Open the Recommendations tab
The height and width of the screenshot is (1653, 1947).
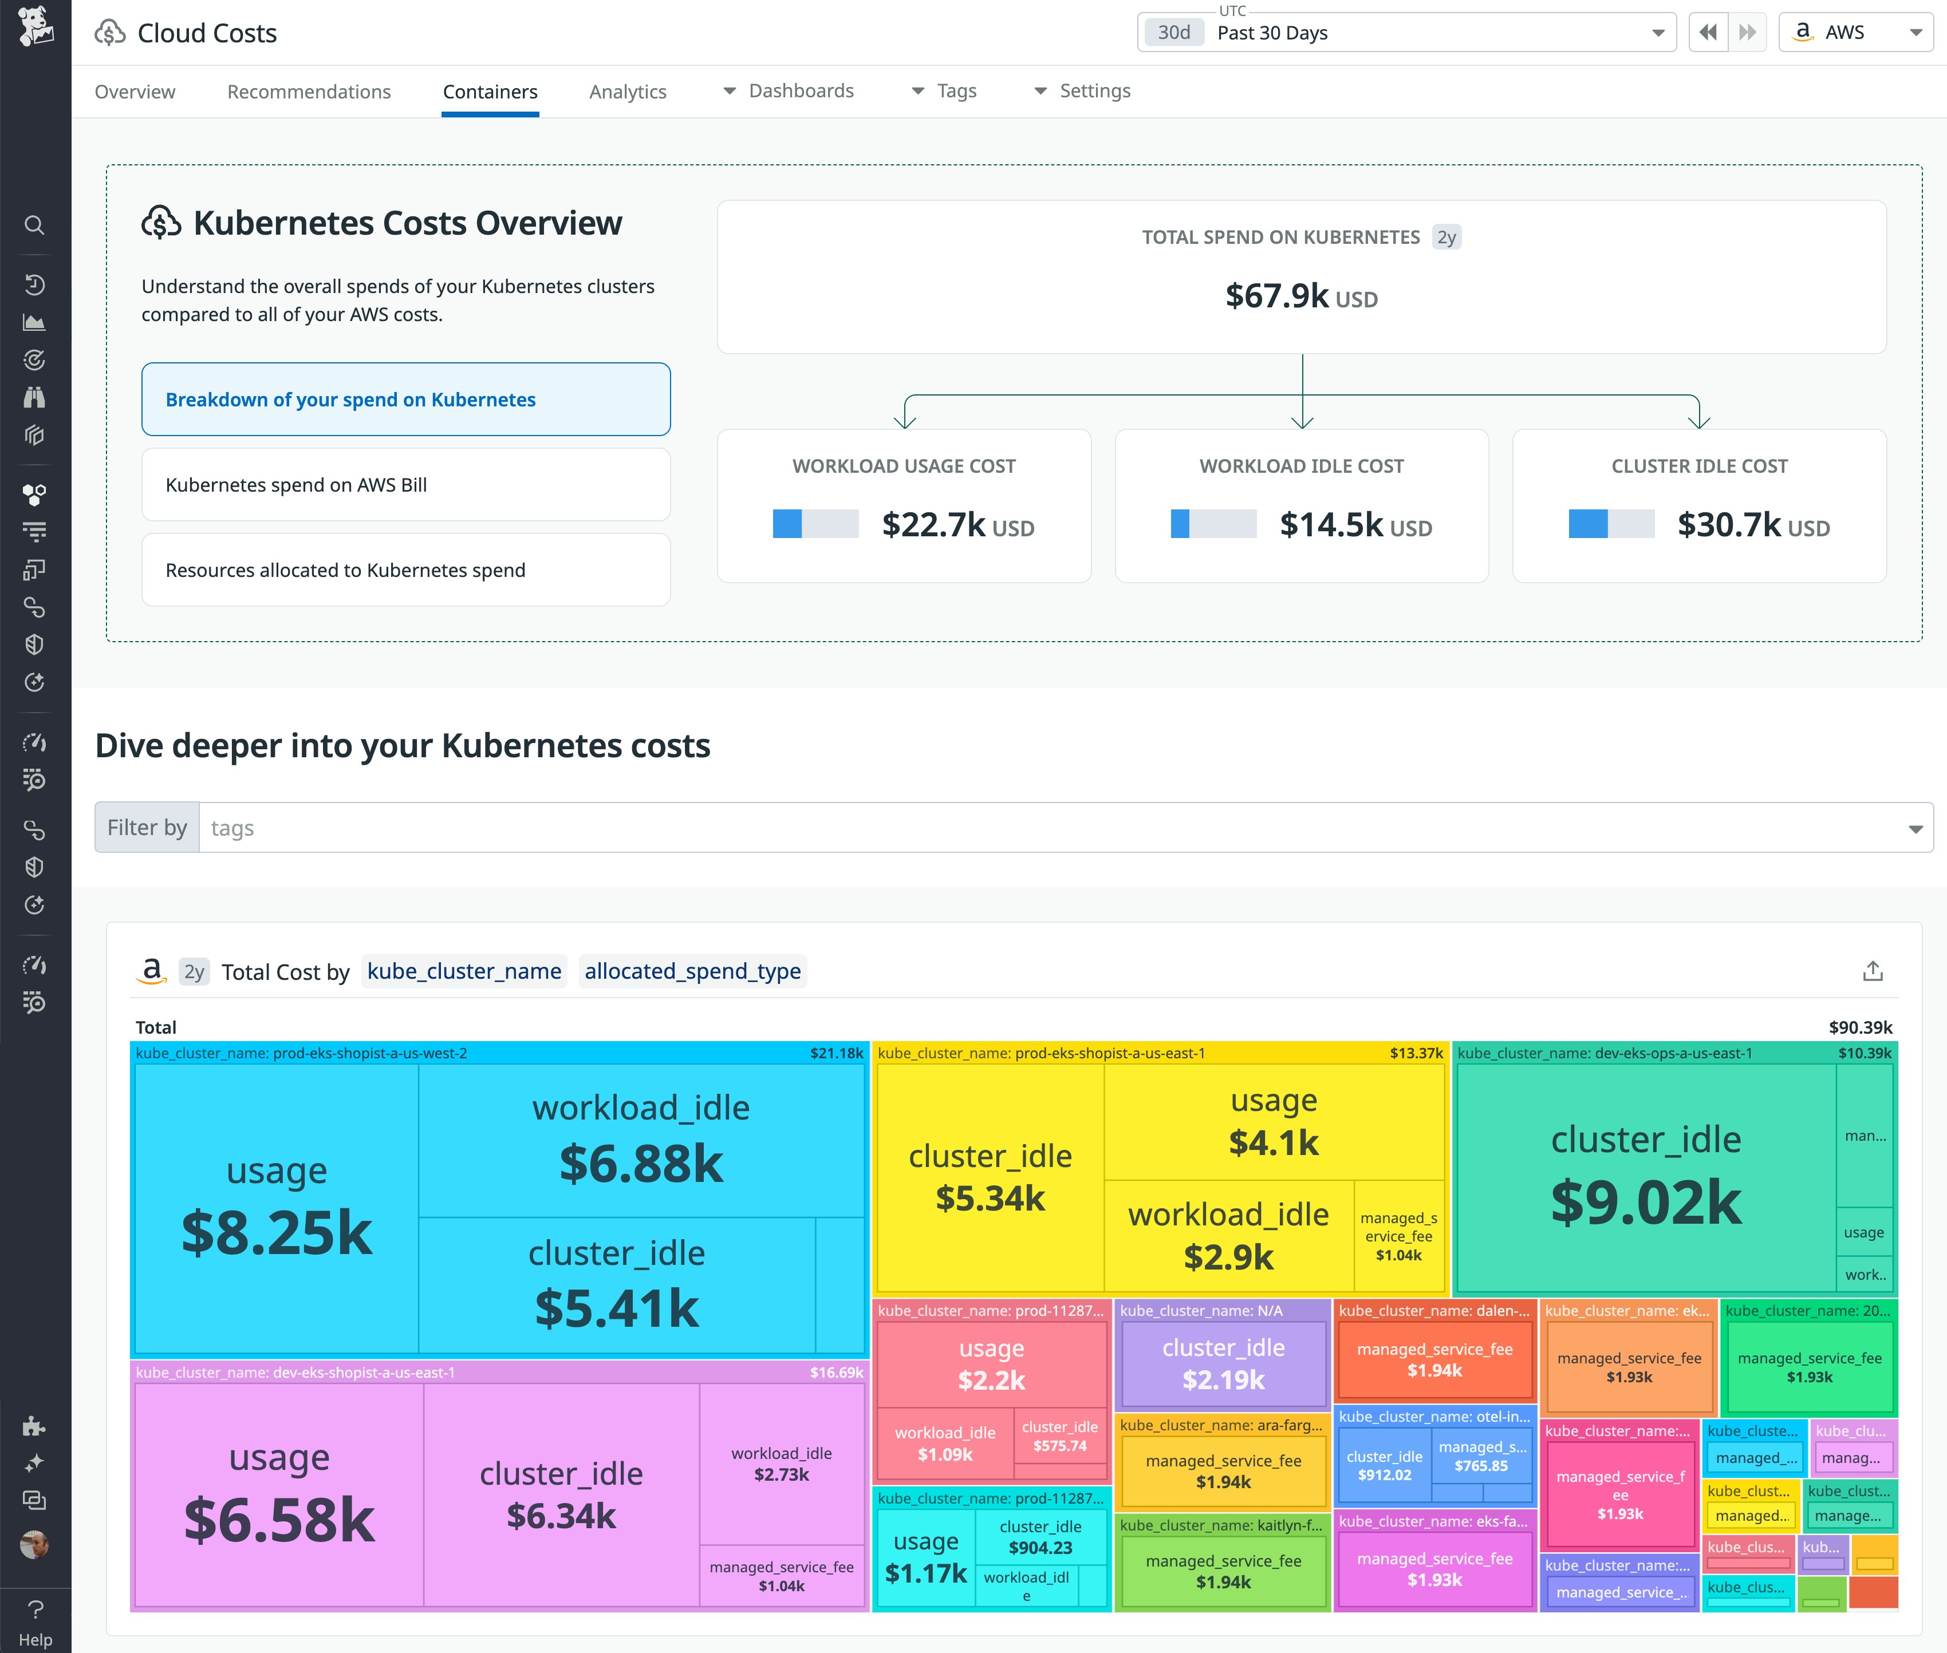click(x=309, y=92)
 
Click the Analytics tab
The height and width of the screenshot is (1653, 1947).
click(x=627, y=92)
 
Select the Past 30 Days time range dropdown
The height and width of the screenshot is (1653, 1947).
click(x=1406, y=33)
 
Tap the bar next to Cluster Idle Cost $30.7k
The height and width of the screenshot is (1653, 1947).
click(x=1610, y=524)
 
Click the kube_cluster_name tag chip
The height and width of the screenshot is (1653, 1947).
click(x=464, y=971)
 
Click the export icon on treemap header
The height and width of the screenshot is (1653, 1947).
click(x=1872, y=971)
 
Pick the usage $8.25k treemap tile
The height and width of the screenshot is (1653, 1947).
click(x=277, y=1209)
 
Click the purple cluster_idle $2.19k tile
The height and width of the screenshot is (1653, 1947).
click(x=1223, y=1363)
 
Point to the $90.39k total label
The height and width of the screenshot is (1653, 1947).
click(x=1860, y=1027)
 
